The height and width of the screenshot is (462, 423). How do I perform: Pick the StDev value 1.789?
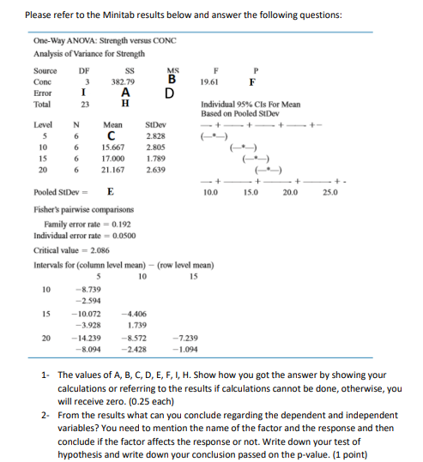tap(156, 158)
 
